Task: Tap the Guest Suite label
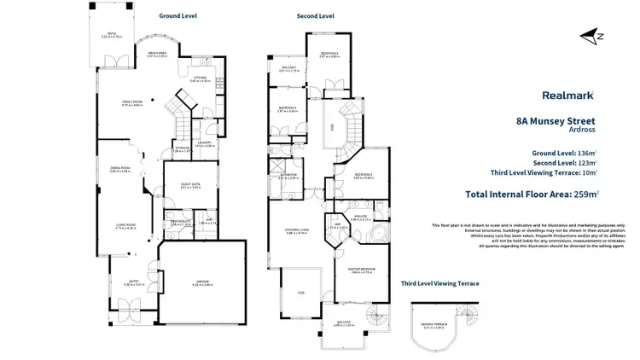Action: coord(189,184)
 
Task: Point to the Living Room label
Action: coord(126,227)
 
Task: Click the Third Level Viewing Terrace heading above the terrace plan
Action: coord(439,283)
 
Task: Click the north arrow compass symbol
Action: coord(590,36)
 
